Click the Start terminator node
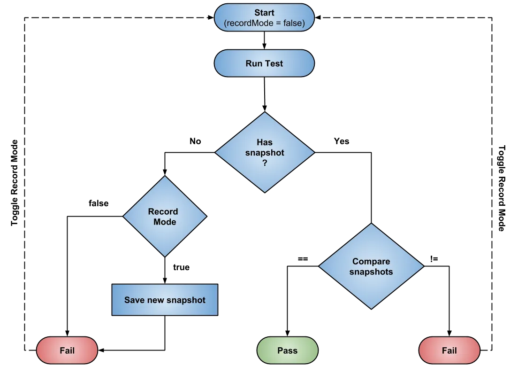(x=264, y=18)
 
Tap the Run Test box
(x=264, y=63)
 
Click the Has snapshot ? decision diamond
(x=265, y=152)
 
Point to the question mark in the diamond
(x=265, y=164)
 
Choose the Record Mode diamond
(x=165, y=216)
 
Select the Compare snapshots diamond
(x=371, y=266)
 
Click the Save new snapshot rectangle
(x=165, y=299)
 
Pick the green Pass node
(x=287, y=350)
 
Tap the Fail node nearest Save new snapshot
(x=67, y=350)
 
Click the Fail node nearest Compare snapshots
(x=449, y=350)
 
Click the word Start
(x=264, y=13)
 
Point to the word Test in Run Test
(x=274, y=63)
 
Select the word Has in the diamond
(x=265, y=142)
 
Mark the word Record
(x=163, y=211)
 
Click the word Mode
(x=165, y=221)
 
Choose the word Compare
(x=371, y=261)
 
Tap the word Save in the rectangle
(x=134, y=300)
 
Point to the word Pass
(x=287, y=350)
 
